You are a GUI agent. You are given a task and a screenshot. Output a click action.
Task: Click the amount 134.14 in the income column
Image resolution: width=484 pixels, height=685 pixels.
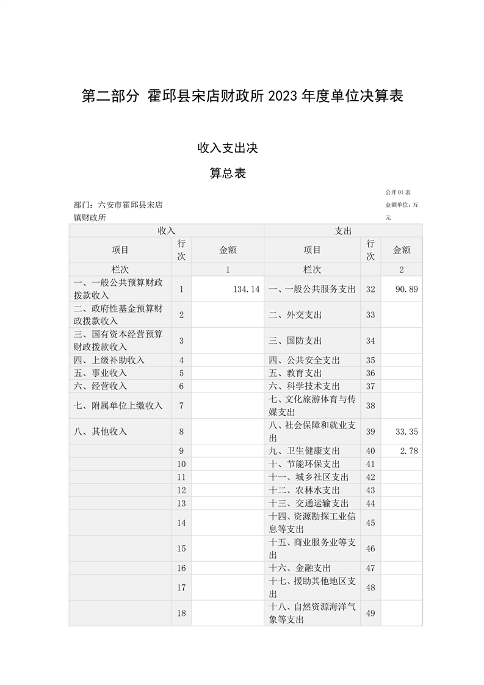(x=247, y=289)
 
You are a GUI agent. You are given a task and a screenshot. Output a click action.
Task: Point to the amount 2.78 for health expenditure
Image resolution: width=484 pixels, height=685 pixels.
(x=409, y=451)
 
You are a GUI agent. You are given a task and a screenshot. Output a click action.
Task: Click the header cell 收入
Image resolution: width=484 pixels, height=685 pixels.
(x=166, y=231)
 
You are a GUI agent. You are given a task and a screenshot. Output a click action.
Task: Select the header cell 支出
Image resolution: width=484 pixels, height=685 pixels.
(x=343, y=231)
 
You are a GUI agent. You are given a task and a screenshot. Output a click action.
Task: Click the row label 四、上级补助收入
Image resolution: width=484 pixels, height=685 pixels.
(x=109, y=360)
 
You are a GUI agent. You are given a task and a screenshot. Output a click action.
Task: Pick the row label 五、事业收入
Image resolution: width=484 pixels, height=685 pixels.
(x=100, y=373)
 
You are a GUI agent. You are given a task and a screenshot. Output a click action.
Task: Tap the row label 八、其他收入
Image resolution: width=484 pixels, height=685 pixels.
(x=100, y=432)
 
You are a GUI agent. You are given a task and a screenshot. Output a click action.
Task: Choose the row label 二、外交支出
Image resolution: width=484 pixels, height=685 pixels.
(x=295, y=315)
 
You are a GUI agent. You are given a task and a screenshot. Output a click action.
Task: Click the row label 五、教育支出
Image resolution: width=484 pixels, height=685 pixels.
(x=295, y=373)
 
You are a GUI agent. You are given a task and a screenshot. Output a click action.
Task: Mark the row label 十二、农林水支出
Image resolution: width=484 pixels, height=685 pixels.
(x=305, y=490)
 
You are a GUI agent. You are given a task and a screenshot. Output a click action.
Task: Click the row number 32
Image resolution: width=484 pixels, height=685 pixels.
(x=370, y=289)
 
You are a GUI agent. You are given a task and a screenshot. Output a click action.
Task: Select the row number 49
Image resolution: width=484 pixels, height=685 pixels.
(x=370, y=613)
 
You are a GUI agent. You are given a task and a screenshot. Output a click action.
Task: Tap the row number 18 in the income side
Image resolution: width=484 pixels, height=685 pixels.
(x=181, y=613)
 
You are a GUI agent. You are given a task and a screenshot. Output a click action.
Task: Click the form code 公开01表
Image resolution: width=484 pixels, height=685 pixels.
(x=398, y=192)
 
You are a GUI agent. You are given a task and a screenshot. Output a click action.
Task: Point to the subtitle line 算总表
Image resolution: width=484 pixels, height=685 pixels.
(x=228, y=173)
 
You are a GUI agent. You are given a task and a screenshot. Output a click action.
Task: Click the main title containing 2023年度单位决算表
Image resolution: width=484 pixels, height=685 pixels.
(x=242, y=96)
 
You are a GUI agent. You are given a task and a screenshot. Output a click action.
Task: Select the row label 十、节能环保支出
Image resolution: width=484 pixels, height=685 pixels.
(x=305, y=464)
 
